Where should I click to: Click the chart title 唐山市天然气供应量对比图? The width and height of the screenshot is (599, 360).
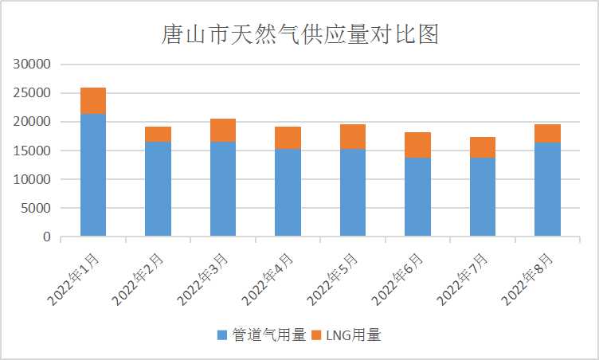[299, 35]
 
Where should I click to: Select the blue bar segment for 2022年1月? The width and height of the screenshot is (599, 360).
[93, 175]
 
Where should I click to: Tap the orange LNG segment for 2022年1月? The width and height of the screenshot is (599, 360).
[93, 101]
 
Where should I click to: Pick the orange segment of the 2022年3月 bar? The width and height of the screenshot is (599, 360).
[223, 130]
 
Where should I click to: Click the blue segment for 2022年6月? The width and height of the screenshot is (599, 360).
[417, 197]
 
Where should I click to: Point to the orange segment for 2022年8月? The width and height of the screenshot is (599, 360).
[547, 133]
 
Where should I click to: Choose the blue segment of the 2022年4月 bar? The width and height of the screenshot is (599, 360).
[288, 193]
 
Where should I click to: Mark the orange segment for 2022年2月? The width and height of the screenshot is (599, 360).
[158, 134]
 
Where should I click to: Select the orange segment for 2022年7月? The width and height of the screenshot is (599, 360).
[483, 147]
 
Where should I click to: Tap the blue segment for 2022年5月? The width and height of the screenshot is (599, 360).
[353, 193]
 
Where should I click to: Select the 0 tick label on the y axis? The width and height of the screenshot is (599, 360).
[47, 237]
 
